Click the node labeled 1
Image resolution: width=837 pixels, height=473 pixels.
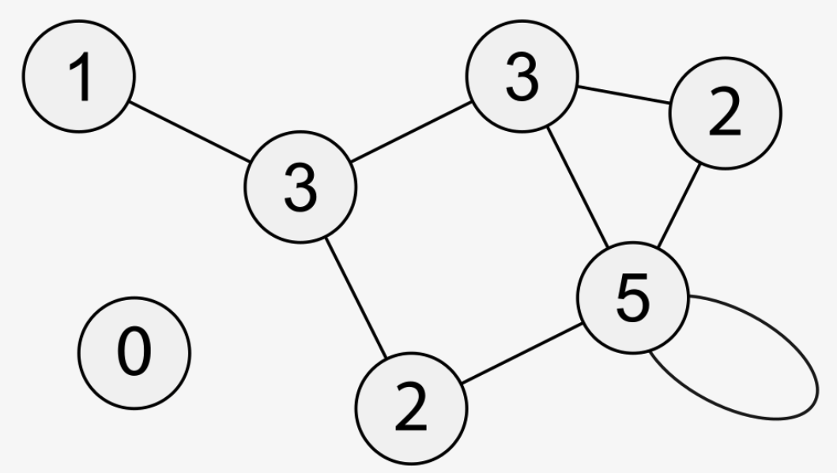pyautogui.click(x=79, y=77)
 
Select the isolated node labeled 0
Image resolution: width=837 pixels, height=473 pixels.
pyautogui.click(x=134, y=352)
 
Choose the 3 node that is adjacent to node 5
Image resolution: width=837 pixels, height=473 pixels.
pyautogui.click(x=522, y=78)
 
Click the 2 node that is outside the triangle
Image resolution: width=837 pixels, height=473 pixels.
pyautogui.click(x=411, y=408)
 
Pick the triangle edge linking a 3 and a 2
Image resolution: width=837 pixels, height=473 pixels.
pyautogui.click(x=624, y=95)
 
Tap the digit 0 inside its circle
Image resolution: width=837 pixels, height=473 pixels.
pyautogui.click(x=134, y=352)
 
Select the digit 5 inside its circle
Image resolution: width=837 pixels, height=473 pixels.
pyautogui.click(x=632, y=298)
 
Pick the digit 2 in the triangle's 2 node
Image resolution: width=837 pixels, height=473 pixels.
pyautogui.click(x=726, y=113)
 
